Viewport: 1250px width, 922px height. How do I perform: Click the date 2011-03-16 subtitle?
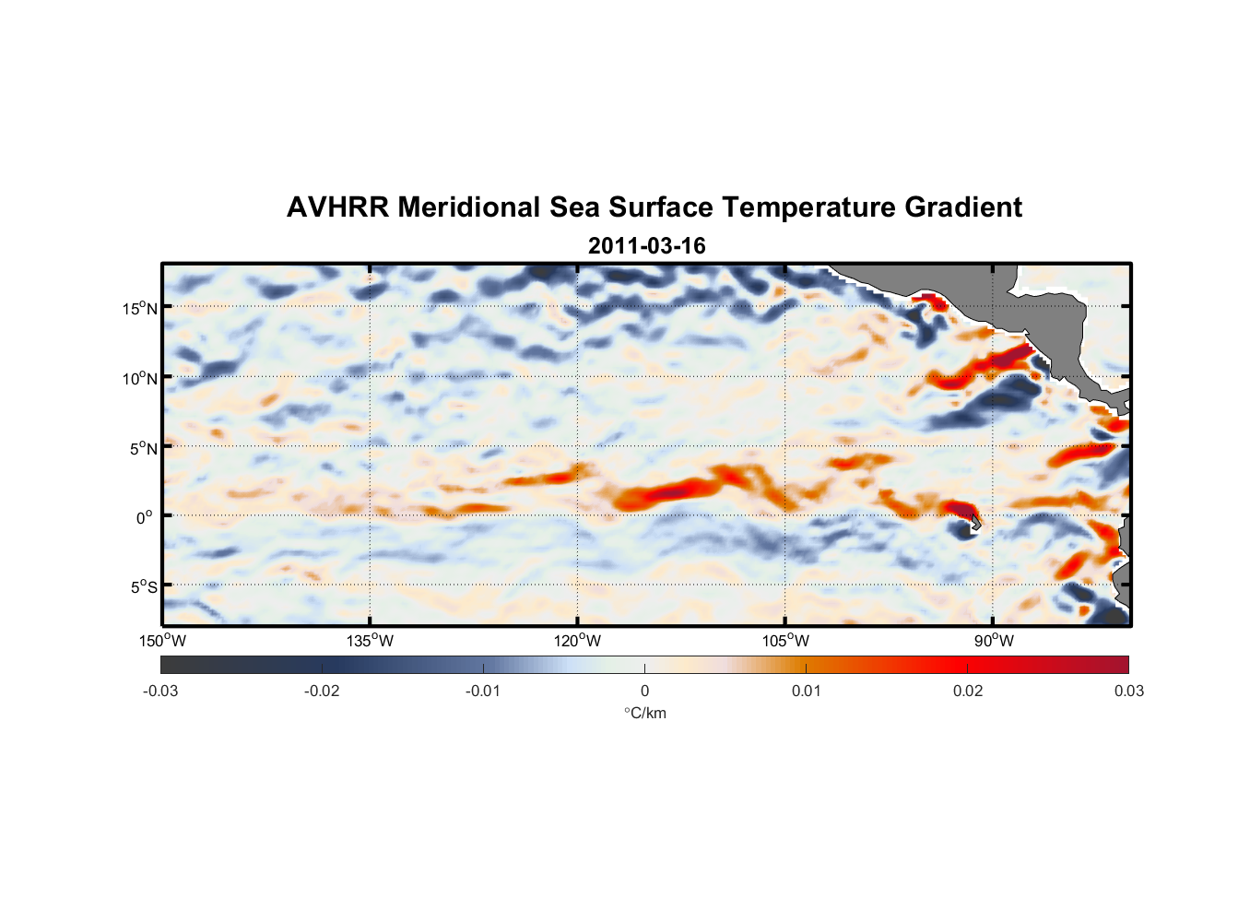pos(646,246)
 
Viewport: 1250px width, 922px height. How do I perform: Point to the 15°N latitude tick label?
pos(140,308)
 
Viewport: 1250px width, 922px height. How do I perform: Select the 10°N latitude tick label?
pos(140,378)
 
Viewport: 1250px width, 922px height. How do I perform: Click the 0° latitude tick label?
pos(143,517)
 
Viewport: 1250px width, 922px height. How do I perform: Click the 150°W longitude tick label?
pos(163,641)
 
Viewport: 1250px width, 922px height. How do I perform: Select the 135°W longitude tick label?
pos(371,641)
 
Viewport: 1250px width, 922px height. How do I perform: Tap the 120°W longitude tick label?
pos(578,641)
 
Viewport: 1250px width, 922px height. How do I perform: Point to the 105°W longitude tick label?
pos(785,641)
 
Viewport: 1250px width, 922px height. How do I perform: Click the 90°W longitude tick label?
pos(994,641)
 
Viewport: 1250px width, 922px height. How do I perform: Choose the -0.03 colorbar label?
pos(160,691)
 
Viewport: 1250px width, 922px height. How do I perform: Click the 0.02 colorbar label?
pos(968,691)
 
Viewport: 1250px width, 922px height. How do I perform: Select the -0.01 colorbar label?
pos(483,691)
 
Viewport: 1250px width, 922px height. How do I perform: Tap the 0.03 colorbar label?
pos(1128,691)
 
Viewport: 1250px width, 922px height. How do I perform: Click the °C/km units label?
pos(644,713)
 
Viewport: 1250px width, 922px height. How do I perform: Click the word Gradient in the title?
pos(962,207)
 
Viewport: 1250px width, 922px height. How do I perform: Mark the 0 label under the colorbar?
pos(644,691)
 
